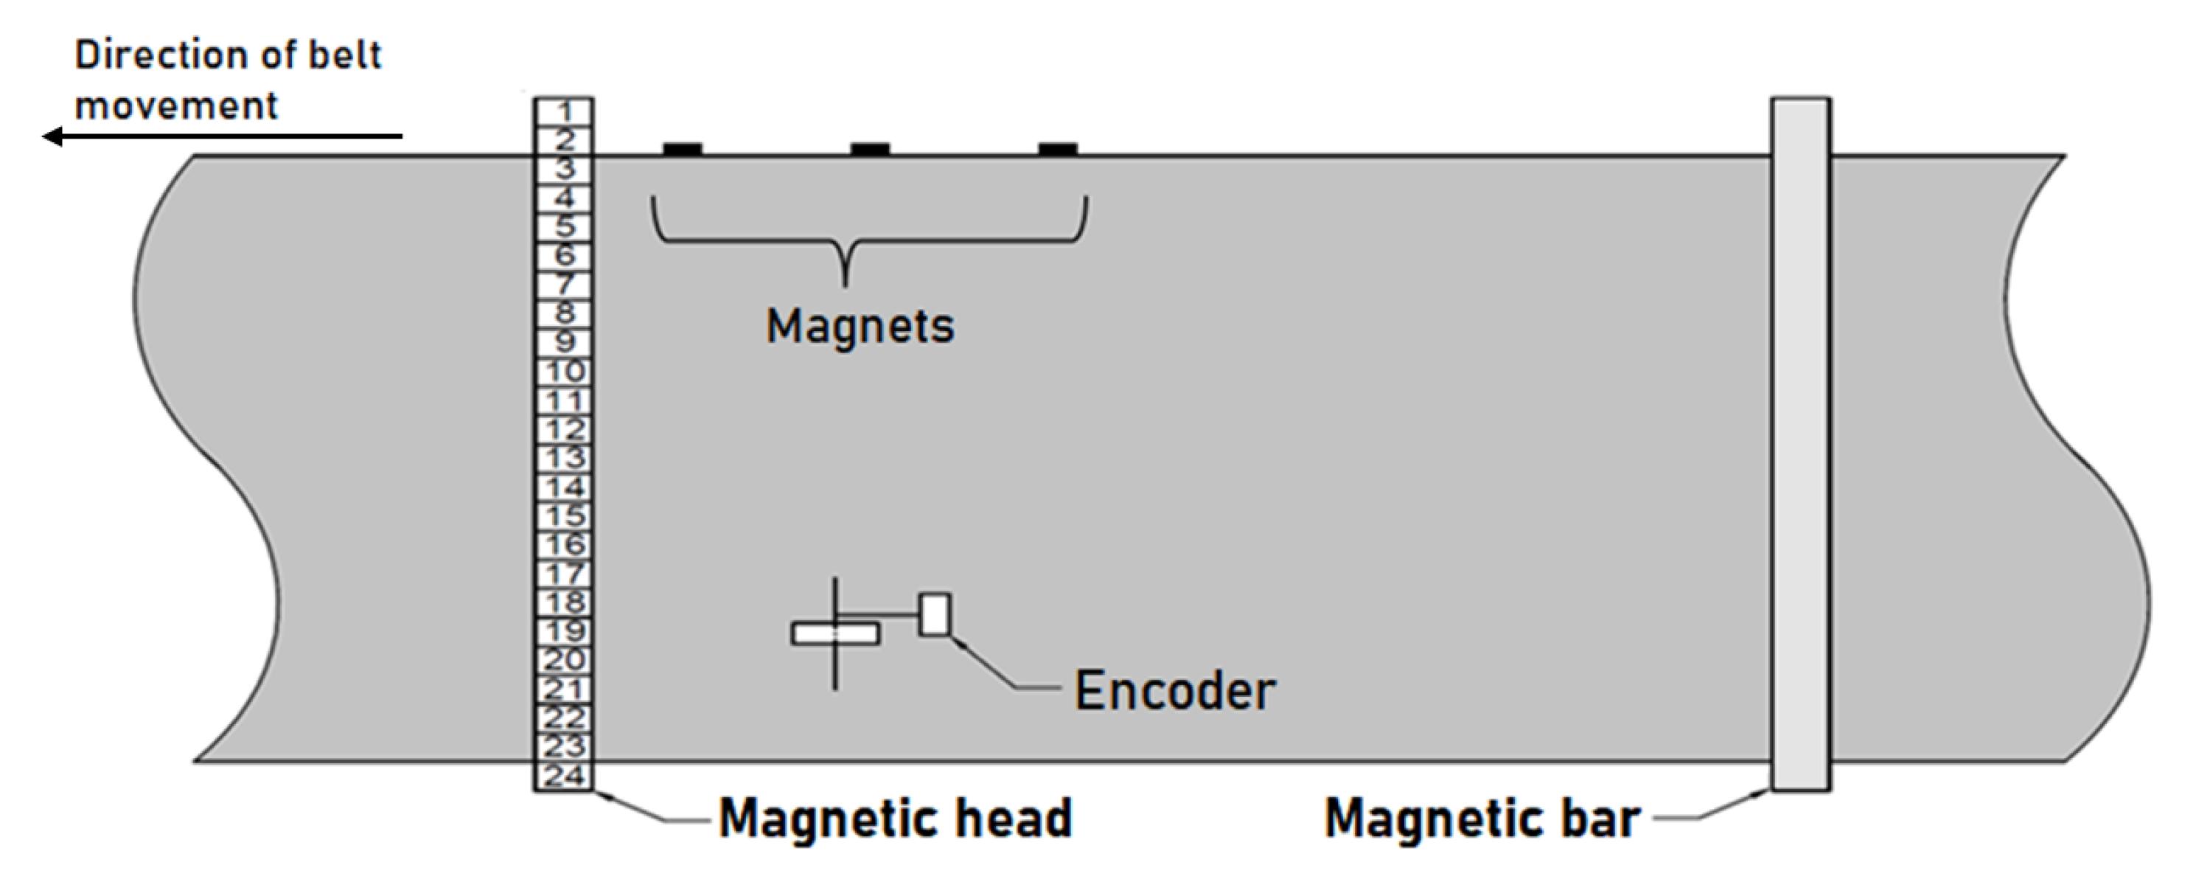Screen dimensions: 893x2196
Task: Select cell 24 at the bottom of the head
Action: pos(563,775)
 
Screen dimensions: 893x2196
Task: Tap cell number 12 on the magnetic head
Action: pos(563,430)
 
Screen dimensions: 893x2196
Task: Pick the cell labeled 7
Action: pos(563,284)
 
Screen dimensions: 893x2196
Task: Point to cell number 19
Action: pos(563,631)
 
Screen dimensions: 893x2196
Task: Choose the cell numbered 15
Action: pos(563,516)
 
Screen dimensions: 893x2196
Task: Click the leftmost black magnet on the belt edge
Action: pos(682,150)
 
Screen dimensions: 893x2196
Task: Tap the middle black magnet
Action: pos(870,150)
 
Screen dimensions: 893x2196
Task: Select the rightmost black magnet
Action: pos(1057,150)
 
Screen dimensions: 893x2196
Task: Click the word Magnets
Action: pos(860,327)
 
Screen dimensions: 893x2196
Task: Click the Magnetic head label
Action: pos(895,819)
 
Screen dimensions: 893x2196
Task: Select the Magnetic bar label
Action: pos(1482,819)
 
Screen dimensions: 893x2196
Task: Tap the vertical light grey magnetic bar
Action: pos(1800,443)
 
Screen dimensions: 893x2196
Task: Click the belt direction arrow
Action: pos(222,136)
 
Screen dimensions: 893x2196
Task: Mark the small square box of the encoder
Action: pos(934,614)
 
